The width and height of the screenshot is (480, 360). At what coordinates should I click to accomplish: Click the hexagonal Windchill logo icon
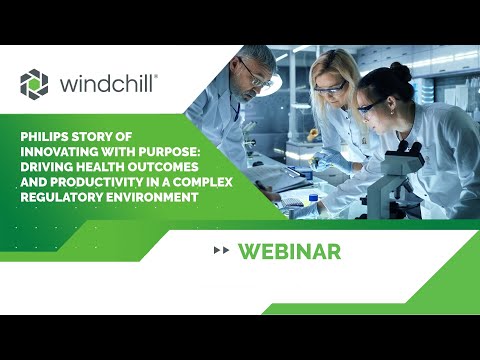35,83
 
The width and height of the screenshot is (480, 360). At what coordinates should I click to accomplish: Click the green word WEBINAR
289,250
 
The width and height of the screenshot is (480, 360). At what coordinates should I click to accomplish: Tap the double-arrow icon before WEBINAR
222,250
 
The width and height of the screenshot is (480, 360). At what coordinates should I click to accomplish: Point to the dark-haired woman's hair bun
401,73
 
